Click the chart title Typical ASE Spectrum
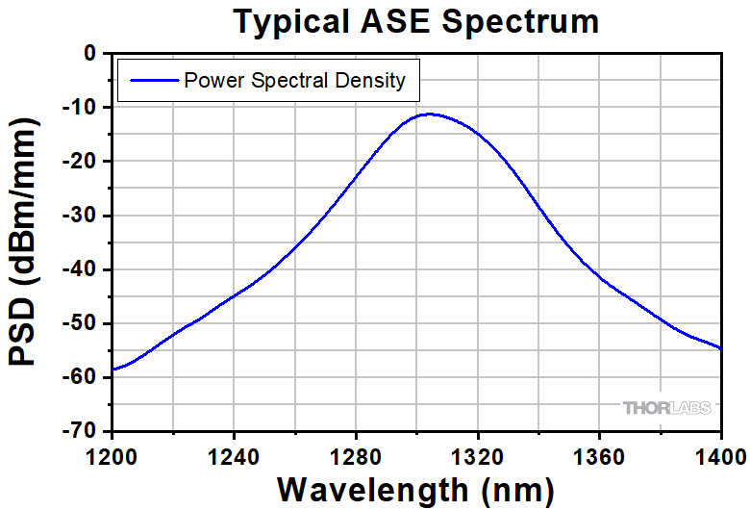pos(416,21)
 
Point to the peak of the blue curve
pos(429,114)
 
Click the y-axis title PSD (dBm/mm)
pos(26,244)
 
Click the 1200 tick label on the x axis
pos(112,450)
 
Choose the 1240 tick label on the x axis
pos(234,450)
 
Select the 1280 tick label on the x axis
pos(356,450)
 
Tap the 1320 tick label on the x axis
pos(478,450)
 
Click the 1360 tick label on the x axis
pos(599,450)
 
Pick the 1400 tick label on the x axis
pos(719,450)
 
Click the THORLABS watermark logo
pos(667,408)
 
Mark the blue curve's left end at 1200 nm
pos(113,370)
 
